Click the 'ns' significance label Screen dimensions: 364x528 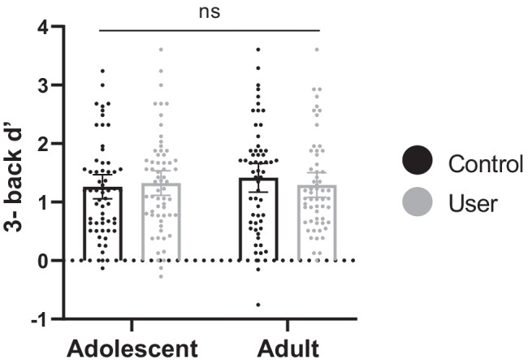[x=211, y=12]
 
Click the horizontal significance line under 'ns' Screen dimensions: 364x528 [x=211, y=30]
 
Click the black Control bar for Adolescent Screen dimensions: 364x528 [x=102, y=227]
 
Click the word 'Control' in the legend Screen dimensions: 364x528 [x=486, y=165]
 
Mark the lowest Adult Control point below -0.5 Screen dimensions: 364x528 [x=258, y=305]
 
